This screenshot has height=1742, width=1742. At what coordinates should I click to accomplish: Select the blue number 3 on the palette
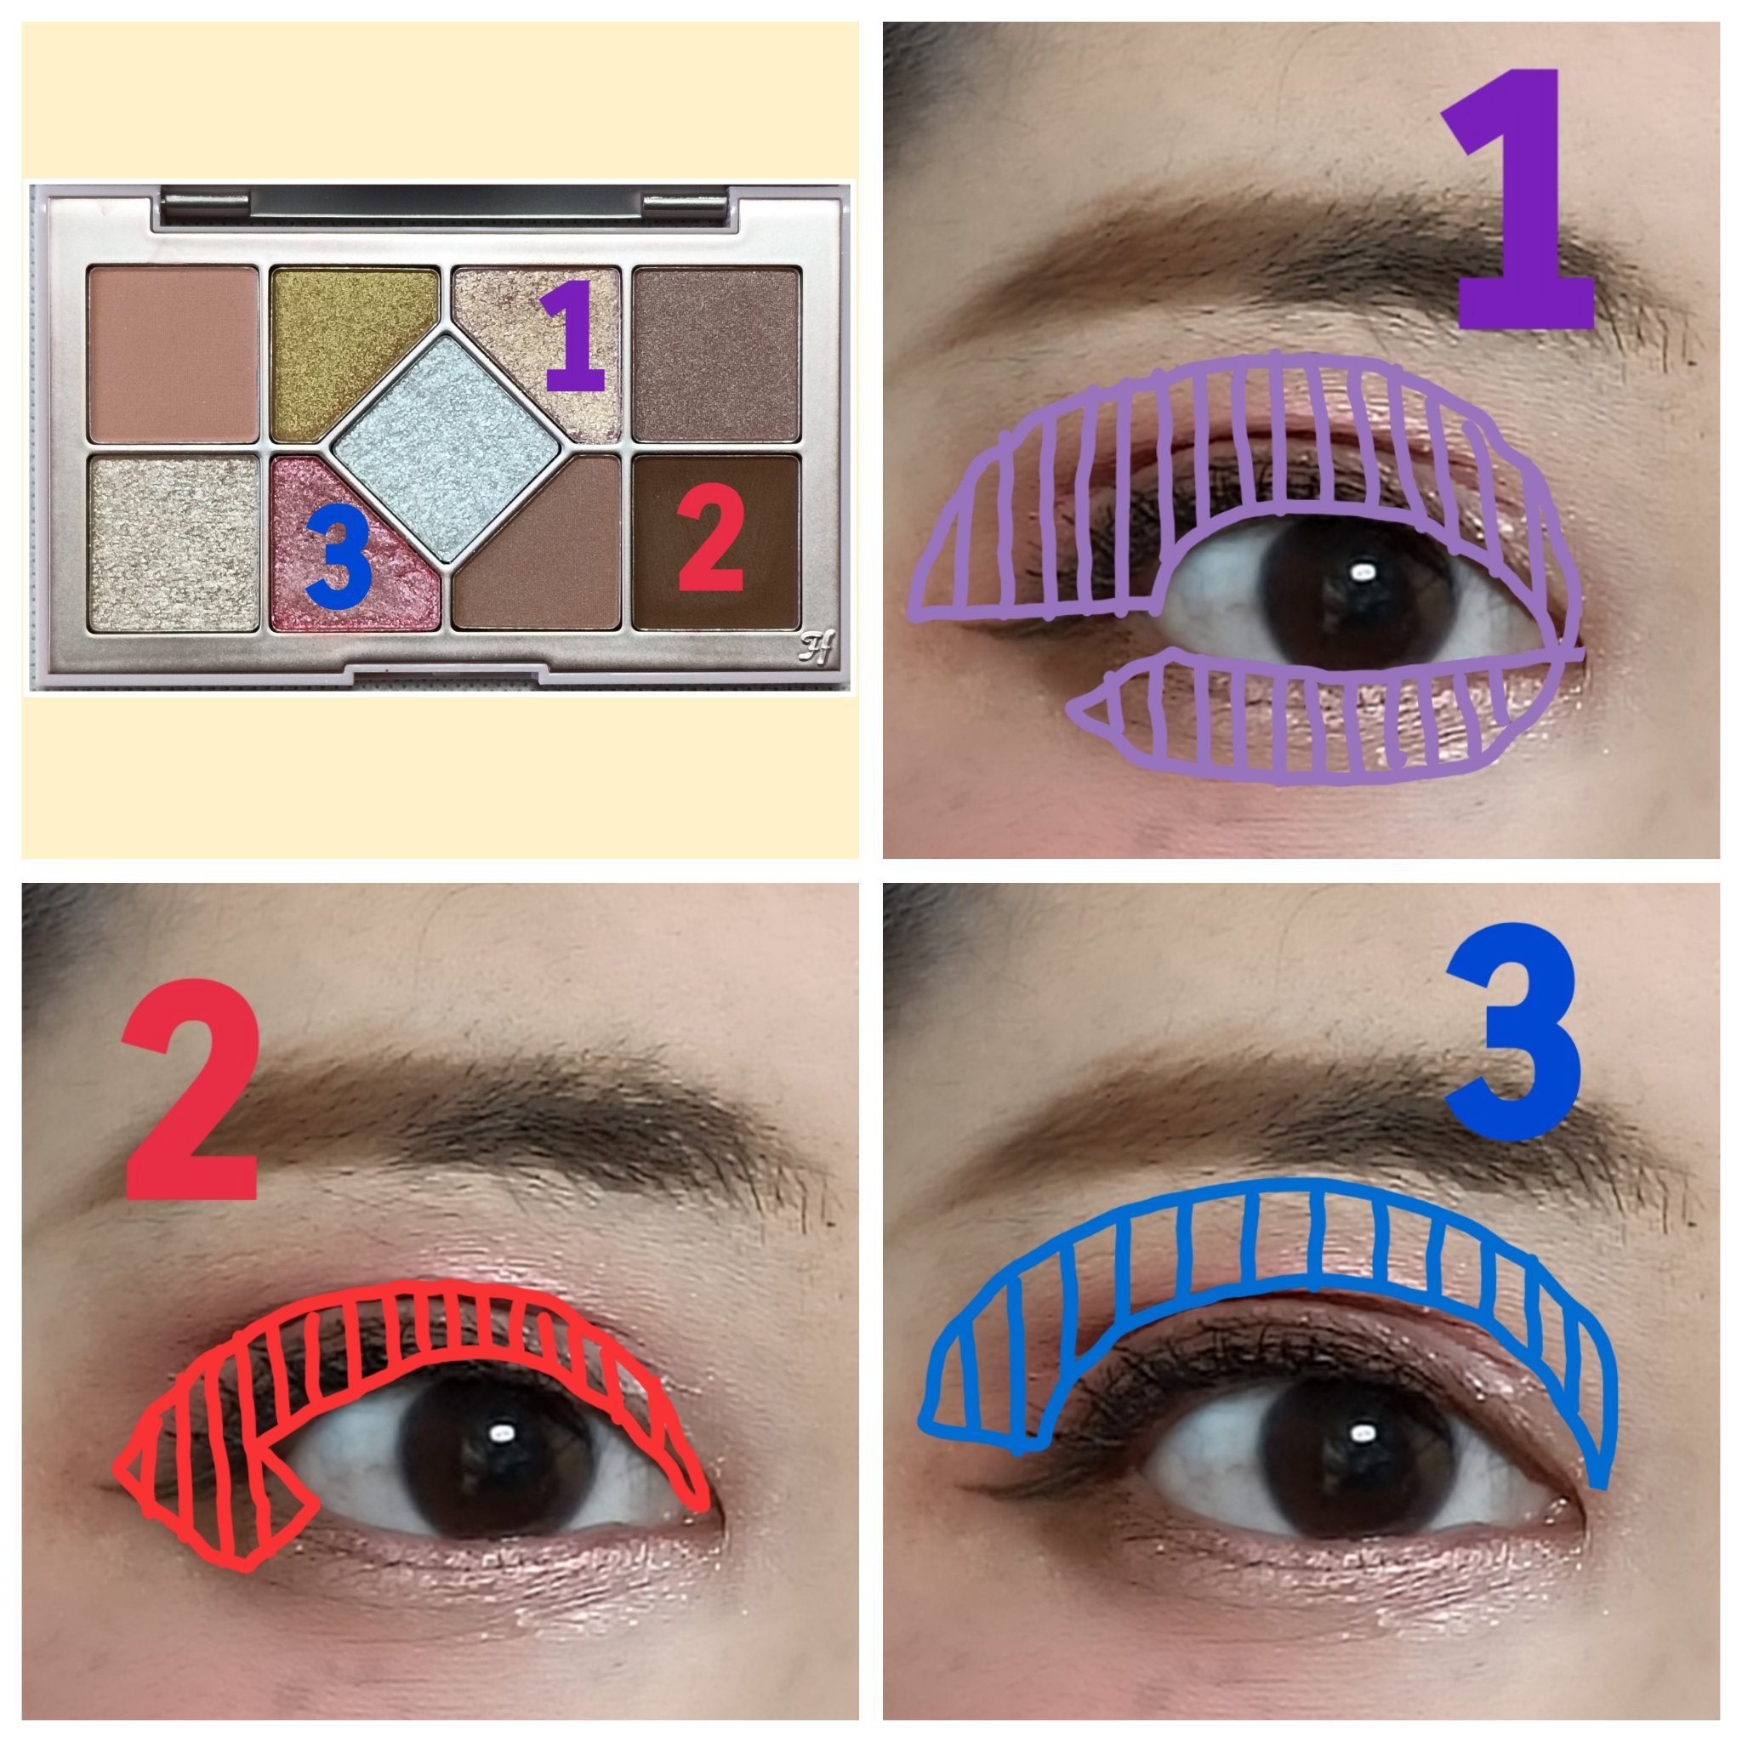pos(339,555)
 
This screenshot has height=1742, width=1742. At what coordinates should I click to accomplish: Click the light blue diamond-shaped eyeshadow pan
pos(449,447)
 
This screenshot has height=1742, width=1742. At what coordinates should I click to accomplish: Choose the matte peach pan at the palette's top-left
pos(174,354)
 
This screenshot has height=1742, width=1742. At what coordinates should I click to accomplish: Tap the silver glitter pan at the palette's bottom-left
pos(174,543)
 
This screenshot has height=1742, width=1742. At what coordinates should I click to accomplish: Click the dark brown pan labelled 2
pos(717,543)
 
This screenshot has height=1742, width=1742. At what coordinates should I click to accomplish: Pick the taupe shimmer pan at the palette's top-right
pos(717,354)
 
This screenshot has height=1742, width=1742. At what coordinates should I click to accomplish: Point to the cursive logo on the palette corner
pos(816,646)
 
